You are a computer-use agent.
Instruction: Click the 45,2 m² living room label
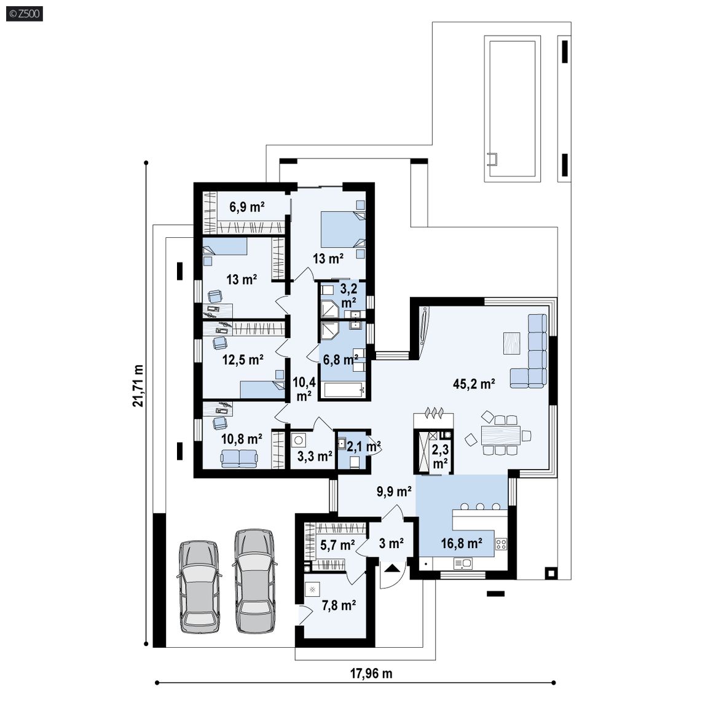pyautogui.click(x=474, y=383)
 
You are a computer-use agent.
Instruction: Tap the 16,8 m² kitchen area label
pyautogui.click(x=461, y=543)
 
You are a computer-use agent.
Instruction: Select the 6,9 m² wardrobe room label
pyautogui.click(x=246, y=207)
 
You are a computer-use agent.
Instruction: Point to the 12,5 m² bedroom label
pyautogui.click(x=243, y=360)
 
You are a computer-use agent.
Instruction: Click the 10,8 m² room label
pyautogui.click(x=242, y=438)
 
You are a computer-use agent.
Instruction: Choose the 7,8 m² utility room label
pyautogui.click(x=339, y=605)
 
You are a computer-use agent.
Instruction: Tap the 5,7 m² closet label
pyautogui.click(x=337, y=545)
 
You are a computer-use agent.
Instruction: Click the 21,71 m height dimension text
pyautogui.click(x=138, y=385)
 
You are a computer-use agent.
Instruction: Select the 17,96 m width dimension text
pyautogui.click(x=371, y=674)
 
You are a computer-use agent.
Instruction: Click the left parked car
pyautogui.click(x=199, y=586)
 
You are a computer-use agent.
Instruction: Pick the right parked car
pyautogui.click(x=254, y=581)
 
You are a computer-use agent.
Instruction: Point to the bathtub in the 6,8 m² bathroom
pyautogui.click(x=344, y=390)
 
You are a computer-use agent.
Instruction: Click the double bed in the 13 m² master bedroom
pyautogui.click(x=343, y=230)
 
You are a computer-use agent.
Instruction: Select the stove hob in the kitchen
pyautogui.click(x=502, y=544)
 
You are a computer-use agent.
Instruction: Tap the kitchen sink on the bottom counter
pyautogui.click(x=463, y=563)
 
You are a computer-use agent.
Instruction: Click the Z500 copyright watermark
pyautogui.click(x=25, y=14)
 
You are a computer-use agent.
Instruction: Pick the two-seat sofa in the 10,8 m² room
pyautogui.click(x=239, y=458)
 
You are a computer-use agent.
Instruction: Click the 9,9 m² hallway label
pyautogui.click(x=394, y=491)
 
